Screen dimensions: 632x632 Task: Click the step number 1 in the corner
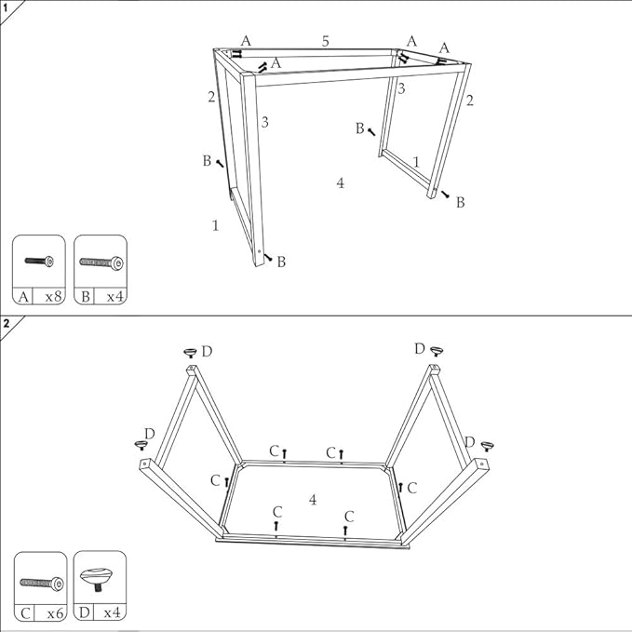[x=6, y=7]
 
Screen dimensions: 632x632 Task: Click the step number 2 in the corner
[x=6, y=323]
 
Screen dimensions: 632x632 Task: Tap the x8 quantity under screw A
[x=53, y=297]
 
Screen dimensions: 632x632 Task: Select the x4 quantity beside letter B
[x=114, y=297]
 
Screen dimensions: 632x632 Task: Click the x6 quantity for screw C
[x=56, y=613]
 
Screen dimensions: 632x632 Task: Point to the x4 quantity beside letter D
[x=113, y=613]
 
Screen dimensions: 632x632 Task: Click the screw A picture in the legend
[x=39, y=262]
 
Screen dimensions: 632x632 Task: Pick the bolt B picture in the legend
[x=101, y=262]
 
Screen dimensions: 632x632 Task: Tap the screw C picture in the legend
[x=42, y=584]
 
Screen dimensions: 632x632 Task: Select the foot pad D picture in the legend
[x=96, y=578]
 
